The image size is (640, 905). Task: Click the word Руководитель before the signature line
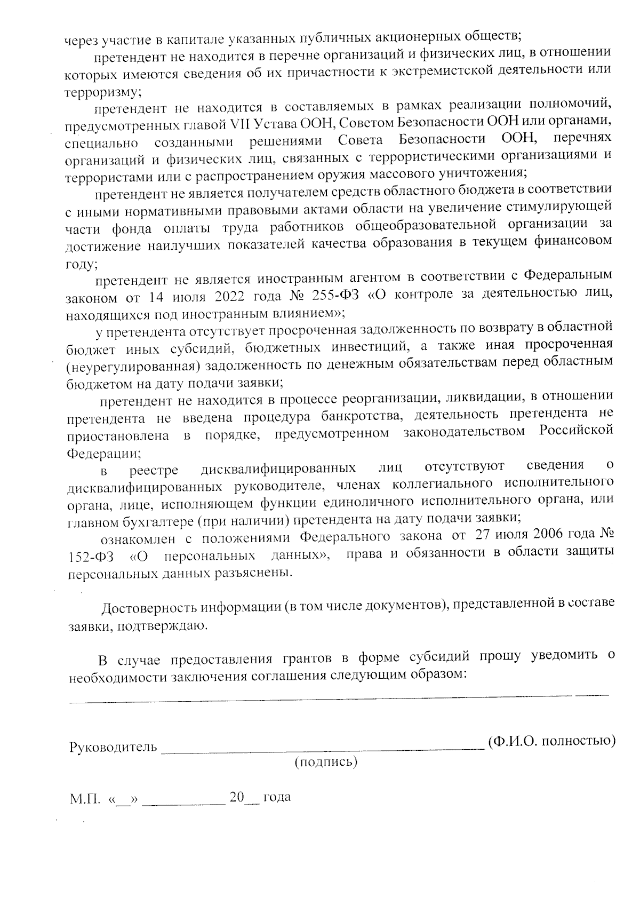pos(113,747)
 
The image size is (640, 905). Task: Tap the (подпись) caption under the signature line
pos(326,762)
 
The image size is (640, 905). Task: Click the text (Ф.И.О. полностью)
pos(552,741)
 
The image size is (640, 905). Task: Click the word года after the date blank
pos(276,797)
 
